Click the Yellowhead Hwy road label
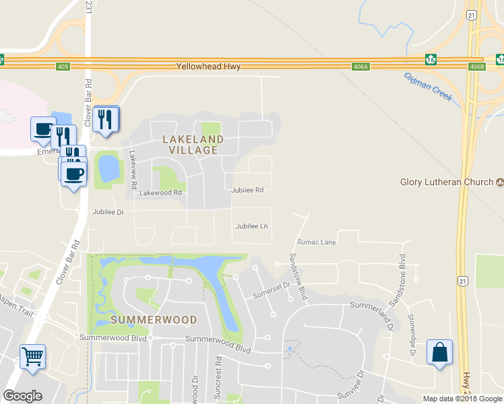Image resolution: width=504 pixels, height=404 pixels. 208,67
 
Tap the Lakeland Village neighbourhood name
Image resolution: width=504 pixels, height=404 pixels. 193,145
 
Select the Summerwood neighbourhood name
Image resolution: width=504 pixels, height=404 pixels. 154,320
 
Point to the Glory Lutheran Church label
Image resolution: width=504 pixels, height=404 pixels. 447,182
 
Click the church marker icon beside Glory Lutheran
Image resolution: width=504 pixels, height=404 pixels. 500,182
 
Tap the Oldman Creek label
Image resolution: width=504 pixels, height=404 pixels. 428,86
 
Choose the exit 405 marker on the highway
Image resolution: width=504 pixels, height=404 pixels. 63,66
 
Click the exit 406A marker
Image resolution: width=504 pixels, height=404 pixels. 360,66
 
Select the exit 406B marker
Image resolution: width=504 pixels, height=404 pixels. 476,66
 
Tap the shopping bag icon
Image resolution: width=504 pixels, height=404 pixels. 439,352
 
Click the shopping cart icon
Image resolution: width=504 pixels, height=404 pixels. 32,356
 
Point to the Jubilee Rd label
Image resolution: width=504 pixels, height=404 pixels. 247,190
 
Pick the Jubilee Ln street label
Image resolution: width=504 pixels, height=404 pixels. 252,226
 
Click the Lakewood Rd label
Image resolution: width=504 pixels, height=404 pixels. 161,193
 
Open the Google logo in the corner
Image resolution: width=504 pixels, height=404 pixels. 23,396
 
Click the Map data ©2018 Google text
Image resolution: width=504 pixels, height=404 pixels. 462,399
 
